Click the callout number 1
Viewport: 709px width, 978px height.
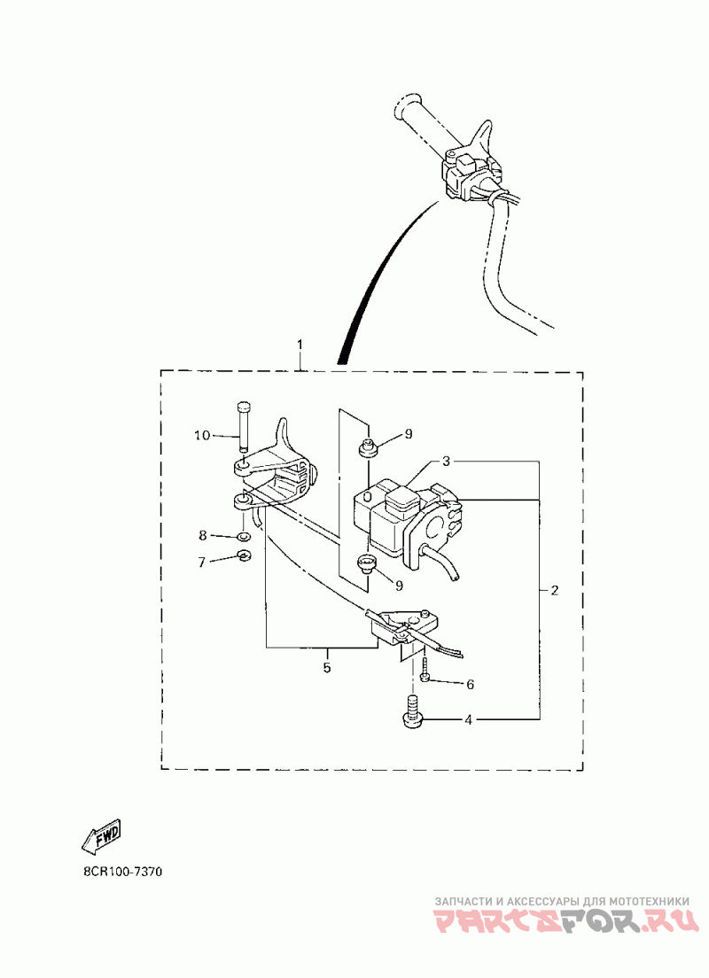coord(300,344)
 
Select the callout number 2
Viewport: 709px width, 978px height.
coord(554,591)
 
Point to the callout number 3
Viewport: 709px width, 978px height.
coord(448,462)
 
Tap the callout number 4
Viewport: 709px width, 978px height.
coord(468,720)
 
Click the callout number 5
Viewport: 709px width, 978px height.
coord(326,668)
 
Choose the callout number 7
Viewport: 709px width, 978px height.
coord(202,562)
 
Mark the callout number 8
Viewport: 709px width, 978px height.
coord(202,536)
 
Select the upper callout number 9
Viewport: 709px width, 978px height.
coord(409,433)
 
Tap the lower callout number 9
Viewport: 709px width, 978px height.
coord(399,585)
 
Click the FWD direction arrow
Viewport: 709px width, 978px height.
coord(99,836)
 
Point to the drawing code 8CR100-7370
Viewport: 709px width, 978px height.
coord(122,872)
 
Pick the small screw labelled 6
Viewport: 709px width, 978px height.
coord(426,669)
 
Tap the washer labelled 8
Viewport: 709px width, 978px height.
coord(244,537)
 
